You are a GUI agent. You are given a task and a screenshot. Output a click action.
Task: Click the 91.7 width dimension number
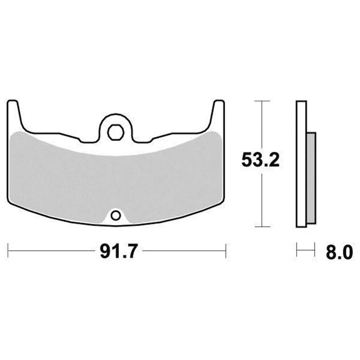coord(119,251)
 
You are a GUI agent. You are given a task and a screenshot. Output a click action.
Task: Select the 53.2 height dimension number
coord(261,160)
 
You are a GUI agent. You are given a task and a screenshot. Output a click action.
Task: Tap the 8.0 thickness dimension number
coord(339,252)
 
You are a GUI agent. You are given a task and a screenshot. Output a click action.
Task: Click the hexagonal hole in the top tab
coord(116,132)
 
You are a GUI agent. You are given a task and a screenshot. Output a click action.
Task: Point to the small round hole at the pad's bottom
coord(116,216)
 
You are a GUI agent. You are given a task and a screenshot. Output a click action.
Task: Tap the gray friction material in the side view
coord(311,178)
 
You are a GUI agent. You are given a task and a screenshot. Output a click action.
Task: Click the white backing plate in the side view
coord(301,164)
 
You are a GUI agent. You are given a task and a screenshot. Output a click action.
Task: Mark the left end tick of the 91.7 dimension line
coord(8,251)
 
